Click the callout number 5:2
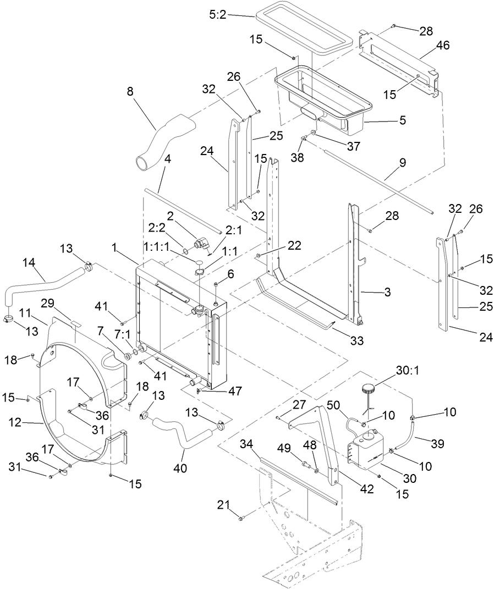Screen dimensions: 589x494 click(218, 16)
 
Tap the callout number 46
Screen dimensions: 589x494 click(443, 46)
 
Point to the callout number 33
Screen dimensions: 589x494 click(356, 341)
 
